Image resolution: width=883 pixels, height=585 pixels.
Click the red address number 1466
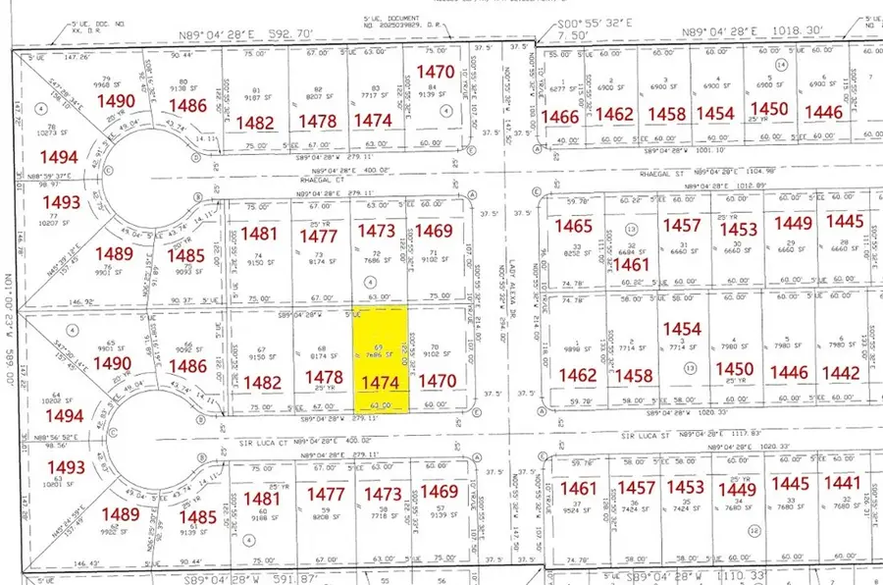tap(560, 117)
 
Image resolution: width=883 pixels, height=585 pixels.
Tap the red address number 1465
tap(574, 227)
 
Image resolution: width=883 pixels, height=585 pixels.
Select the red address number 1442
tap(841, 373)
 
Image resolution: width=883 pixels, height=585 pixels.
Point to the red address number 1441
tap(842, 483)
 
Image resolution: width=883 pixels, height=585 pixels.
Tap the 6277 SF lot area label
tap(560, 88)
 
